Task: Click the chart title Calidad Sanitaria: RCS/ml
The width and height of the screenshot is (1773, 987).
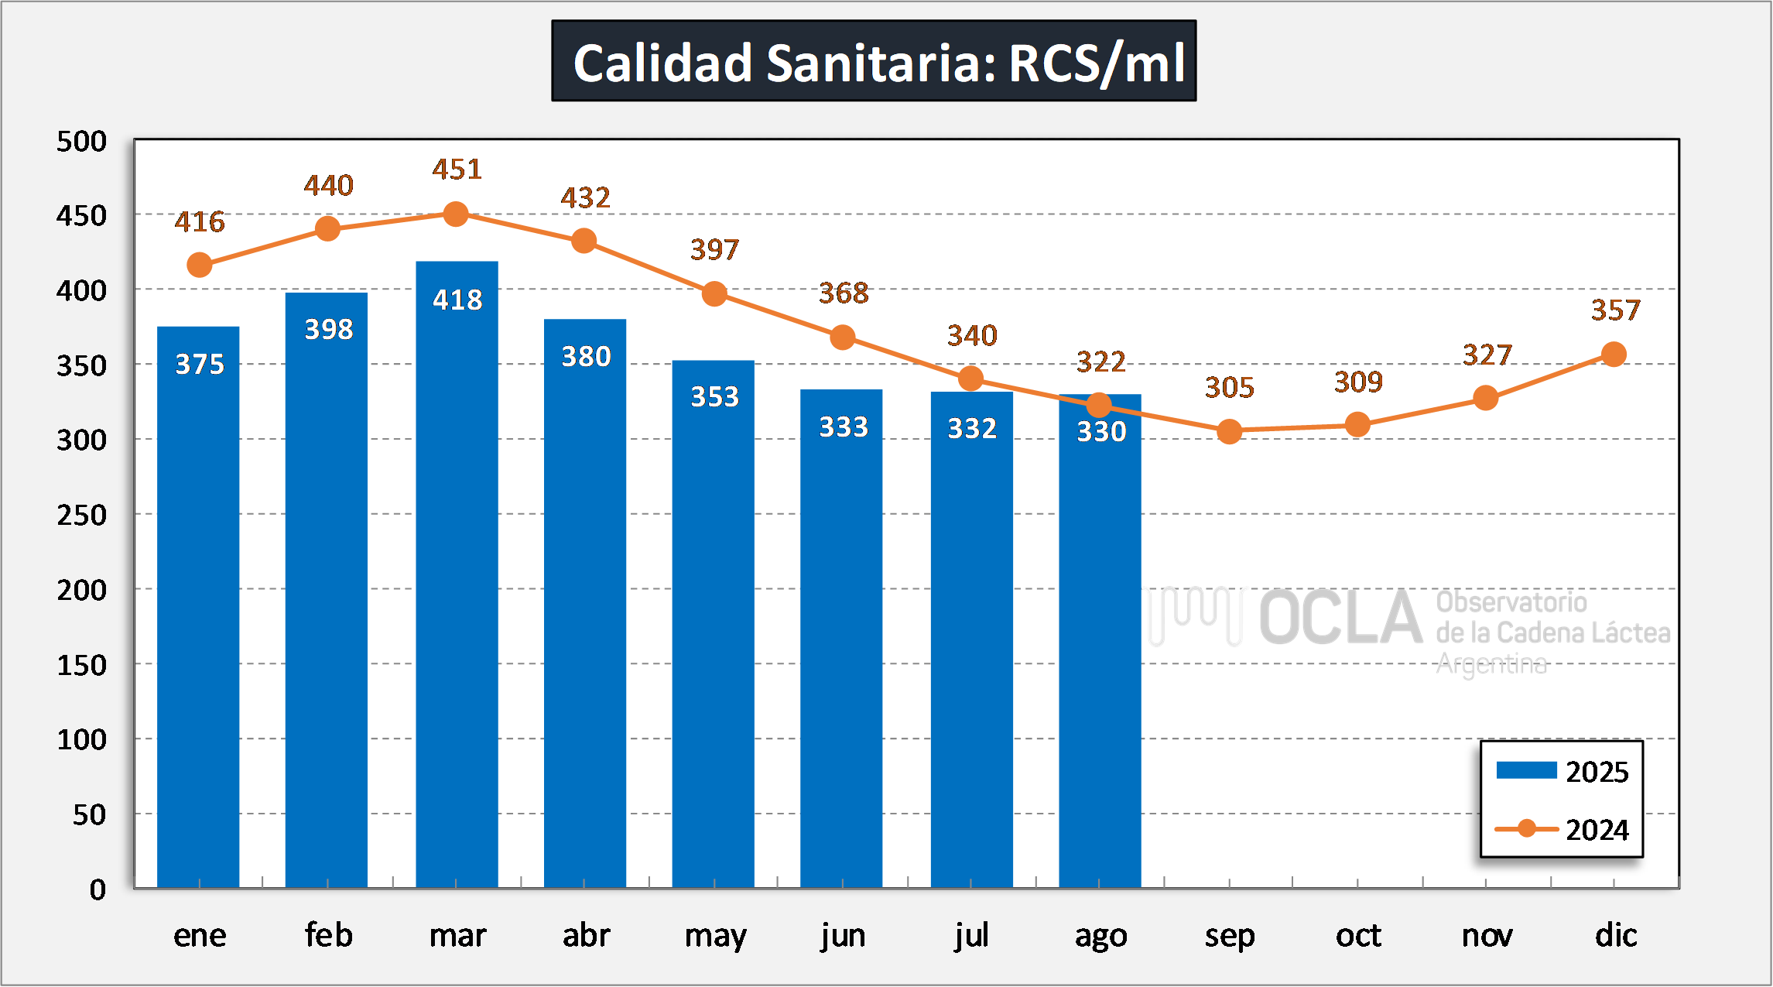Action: point(874,62)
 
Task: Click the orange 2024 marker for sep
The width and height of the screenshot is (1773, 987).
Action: point(1229,431)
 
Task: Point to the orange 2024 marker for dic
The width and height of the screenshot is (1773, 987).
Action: point(1614,355)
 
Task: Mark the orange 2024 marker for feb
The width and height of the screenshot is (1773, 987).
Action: point(328,228)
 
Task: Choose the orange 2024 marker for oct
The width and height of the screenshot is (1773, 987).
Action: point(1357,424)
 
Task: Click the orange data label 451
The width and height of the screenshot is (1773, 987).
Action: point(457,170)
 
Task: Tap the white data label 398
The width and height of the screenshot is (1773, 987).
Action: point(328,330)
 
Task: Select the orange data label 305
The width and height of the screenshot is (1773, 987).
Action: point(1229,388)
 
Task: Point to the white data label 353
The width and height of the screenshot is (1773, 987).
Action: point(714,397)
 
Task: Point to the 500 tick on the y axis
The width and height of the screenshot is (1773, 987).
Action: point(82,142)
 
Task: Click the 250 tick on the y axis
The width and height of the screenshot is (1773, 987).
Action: point(82,516)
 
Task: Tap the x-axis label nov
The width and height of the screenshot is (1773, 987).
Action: point(1487,936)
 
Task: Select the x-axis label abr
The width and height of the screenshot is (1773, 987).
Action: point(586,936)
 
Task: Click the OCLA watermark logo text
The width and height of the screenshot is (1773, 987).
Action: point(1340,618)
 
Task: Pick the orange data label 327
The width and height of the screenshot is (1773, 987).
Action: point(1487,355)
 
